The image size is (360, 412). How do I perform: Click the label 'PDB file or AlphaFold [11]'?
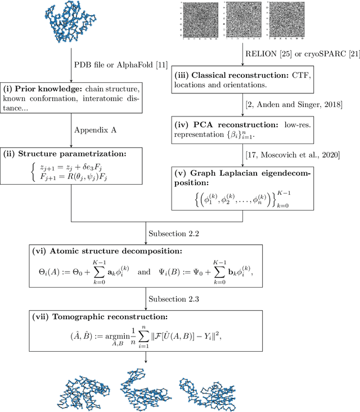(x=118, y=64)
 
